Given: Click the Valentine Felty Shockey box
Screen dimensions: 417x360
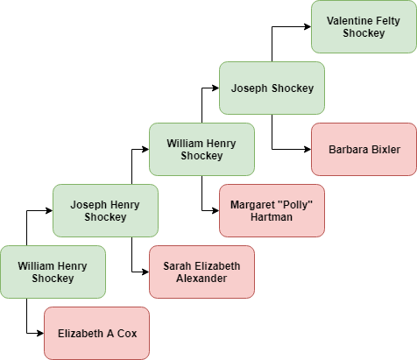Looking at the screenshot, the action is point(364,26).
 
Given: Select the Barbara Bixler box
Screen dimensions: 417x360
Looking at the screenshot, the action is point(364,149).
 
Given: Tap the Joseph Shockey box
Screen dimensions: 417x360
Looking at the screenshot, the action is point(272,88).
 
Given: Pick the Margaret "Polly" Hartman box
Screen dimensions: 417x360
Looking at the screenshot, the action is point(272,210).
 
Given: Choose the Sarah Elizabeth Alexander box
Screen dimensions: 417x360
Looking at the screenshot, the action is point(201,272).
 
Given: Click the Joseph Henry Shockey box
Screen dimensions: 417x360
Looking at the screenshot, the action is point(105,210).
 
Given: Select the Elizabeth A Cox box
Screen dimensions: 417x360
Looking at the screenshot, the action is point(96,333).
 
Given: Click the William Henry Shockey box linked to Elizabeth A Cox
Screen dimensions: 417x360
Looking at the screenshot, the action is point(53,272).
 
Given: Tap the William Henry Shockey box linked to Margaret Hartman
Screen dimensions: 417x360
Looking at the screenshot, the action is point(201,149).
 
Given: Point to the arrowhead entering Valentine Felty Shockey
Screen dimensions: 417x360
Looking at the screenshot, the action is point(307,26).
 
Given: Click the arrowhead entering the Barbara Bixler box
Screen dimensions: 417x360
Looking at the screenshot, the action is point(307,149).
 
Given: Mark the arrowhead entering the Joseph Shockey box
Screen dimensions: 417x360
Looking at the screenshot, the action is point(216,88).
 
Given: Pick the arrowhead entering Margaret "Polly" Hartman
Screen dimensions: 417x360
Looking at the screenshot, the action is point(216,210).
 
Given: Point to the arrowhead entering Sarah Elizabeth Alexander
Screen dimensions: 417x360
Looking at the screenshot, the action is point(145,272).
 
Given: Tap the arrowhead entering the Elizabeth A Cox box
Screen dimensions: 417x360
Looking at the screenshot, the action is point(40,333).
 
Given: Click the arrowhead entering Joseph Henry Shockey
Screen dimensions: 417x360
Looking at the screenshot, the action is point(49,210).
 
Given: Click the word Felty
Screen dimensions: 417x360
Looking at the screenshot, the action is point(388,21).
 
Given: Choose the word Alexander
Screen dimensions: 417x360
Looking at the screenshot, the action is point(201,279).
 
